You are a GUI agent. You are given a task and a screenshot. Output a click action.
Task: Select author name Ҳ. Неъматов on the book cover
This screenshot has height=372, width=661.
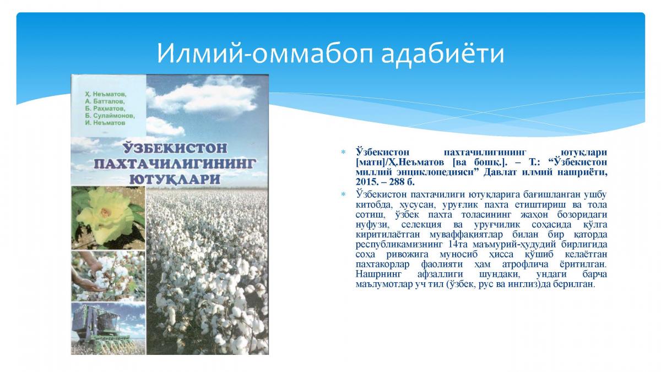click(x=105, y=94)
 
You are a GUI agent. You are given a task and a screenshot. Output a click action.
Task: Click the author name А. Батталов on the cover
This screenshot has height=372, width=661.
click(x=105, y=101)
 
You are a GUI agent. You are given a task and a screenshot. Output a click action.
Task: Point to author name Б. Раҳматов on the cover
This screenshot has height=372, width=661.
click(x=105, y=109)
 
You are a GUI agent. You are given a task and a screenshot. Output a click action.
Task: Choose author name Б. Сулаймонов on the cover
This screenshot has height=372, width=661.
click(x=110, y=115)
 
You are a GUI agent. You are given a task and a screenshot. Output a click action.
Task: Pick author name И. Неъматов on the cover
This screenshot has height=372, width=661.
click(x=105, y=122)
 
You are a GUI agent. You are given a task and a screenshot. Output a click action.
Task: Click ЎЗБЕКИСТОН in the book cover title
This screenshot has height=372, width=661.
click(x=175, y=148)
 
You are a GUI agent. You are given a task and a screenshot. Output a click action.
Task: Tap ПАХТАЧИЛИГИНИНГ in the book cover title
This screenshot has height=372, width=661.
click(x=175, y=163)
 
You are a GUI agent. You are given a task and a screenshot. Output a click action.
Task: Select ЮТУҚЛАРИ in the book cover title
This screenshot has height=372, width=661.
click(x=175, y=179)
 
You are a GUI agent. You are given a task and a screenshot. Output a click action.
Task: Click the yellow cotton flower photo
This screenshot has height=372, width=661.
click(x=109, y=218)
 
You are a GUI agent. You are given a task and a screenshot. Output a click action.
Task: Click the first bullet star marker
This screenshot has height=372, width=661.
click(x=343, y=152)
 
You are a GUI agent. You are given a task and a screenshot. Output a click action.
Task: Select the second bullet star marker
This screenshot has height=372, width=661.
click(x=343, y=195)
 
